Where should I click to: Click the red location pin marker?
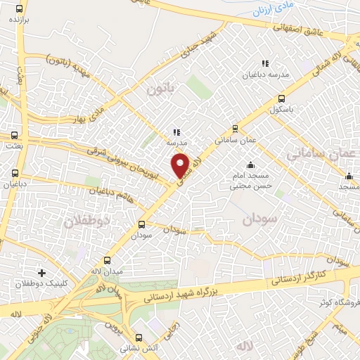[x=181, y=165]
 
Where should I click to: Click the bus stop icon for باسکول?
[x=282, y=98]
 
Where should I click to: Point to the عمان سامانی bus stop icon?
[x=234, y=129]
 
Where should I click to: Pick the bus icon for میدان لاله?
[x=107, y=259]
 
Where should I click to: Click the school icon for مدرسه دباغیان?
[x=265, y=63]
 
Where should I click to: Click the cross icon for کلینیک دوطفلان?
[x=41, y=272]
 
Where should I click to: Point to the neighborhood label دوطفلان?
[x=84, y=223]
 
